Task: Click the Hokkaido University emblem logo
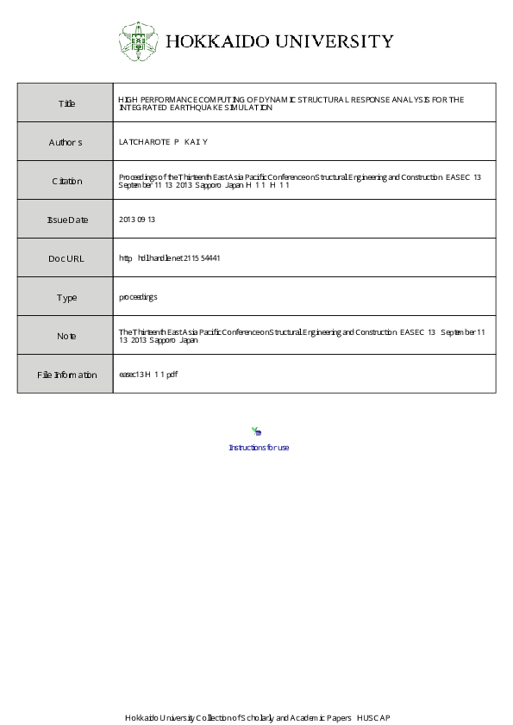tap(138, 40)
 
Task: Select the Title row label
tap(66, 103)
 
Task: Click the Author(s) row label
tap(66, 142)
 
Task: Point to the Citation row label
tap(66, 181)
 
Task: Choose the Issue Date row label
tap(66, 220)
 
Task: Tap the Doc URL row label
tap(66, 258)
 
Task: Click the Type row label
tap(66, 297)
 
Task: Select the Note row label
tap(66, 336)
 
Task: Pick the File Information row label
tap(66, 375)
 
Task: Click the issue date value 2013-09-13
tap(136, 220)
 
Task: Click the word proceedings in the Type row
tap(138, 297)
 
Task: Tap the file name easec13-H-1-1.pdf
tap(147, 375)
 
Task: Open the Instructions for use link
tap(259, 448)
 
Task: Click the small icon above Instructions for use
tap(256, 431)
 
